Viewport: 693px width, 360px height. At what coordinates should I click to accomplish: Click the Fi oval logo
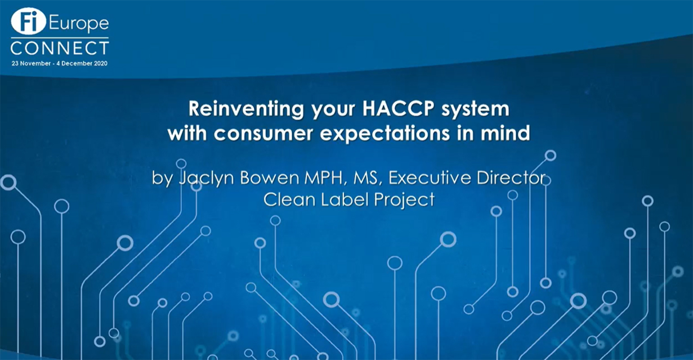[28, 21]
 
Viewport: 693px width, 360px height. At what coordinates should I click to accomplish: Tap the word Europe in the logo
[79, 24]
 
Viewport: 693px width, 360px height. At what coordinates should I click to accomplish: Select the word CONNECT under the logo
[60, 48]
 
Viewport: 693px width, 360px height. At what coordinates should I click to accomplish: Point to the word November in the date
[36, 63]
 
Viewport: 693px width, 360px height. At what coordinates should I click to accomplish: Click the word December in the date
[76, 63]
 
